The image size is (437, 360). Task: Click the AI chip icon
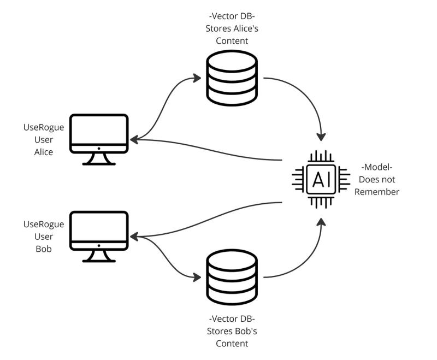click(x=321, y=179)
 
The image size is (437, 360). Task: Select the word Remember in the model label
click(x=377, y=192)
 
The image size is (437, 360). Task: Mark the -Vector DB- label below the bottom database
click(x=231, y=318)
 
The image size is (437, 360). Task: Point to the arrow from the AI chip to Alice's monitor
click(x=208, y=150)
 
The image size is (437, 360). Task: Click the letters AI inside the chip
click(x=321, y=180)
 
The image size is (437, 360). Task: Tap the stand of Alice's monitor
click(x=99, y=158)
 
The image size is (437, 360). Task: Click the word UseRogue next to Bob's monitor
click(x=43, y=225)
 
